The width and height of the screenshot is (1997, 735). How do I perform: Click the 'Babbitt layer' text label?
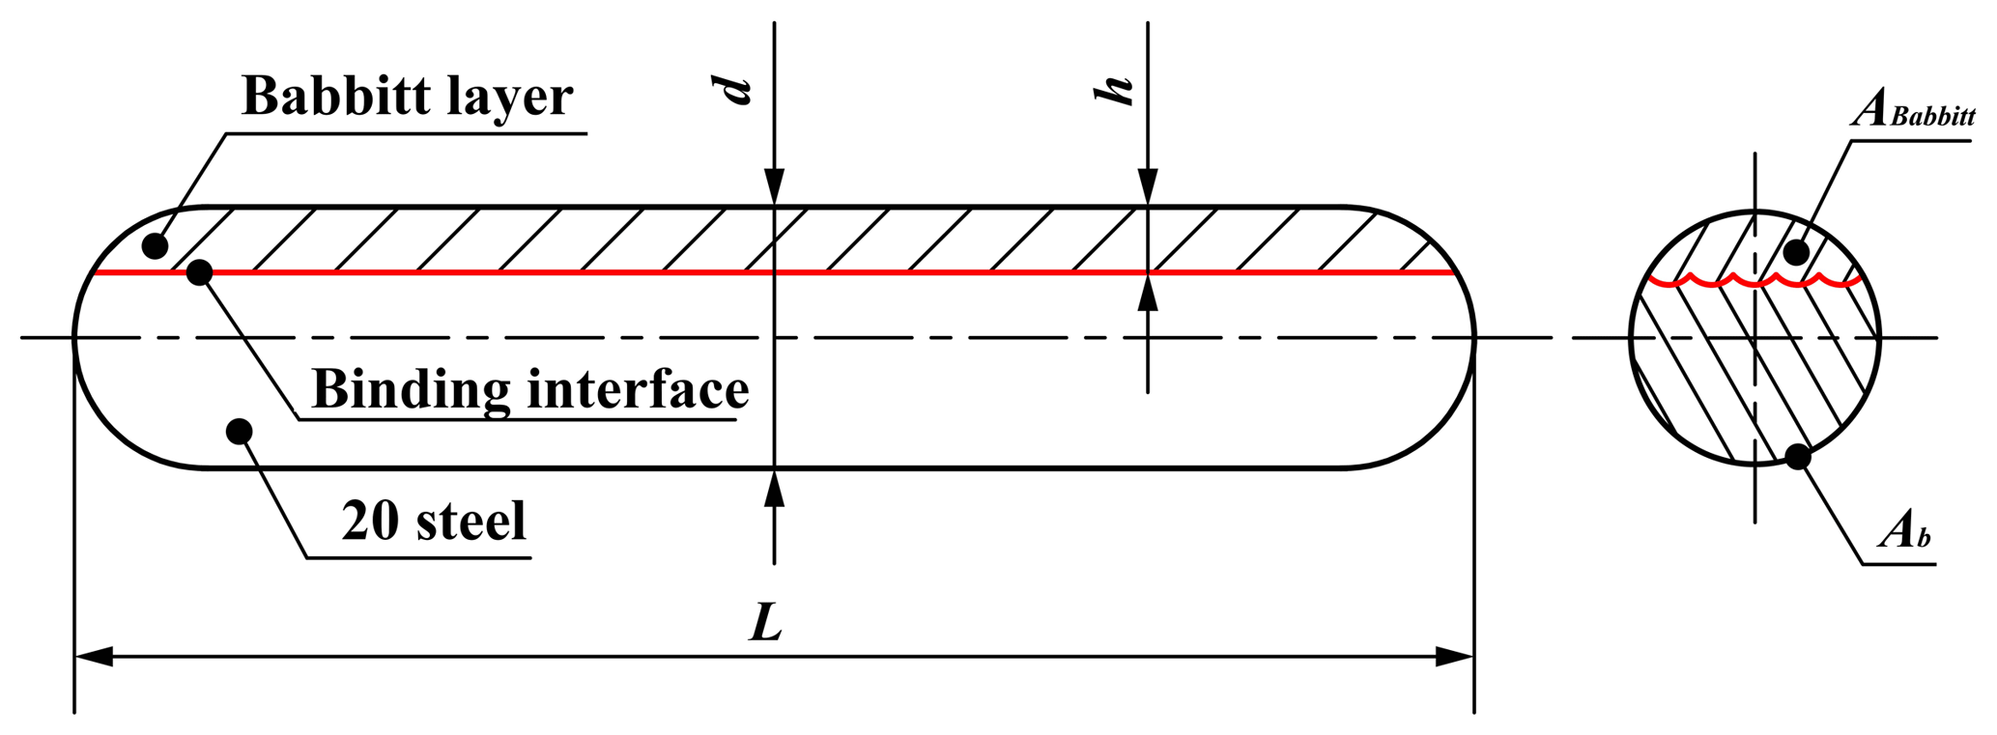point(407,98)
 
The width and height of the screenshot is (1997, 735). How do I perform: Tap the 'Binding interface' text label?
point(530,391)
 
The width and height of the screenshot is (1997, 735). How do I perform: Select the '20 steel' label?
point(434,521)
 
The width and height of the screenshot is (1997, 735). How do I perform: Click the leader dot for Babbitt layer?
point(155,246)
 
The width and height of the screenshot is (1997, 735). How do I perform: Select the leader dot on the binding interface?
point(199,272)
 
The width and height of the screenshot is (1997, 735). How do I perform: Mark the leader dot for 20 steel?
point(239,431)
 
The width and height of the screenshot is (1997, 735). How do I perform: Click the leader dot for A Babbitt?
point(1795,253)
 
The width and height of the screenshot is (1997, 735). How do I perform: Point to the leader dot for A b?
point(1797,457)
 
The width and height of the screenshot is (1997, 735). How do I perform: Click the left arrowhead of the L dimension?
point(94,657)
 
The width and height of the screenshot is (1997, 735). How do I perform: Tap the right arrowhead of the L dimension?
point(1455,657)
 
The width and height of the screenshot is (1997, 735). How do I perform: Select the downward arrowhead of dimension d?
point(774,186)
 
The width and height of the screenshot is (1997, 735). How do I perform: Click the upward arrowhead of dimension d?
point(774,488)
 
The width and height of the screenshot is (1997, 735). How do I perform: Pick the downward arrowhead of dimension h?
point(1148,186)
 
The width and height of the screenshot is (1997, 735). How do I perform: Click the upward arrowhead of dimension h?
point(1148,292)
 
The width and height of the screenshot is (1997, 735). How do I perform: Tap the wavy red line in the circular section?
point(1755,281)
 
